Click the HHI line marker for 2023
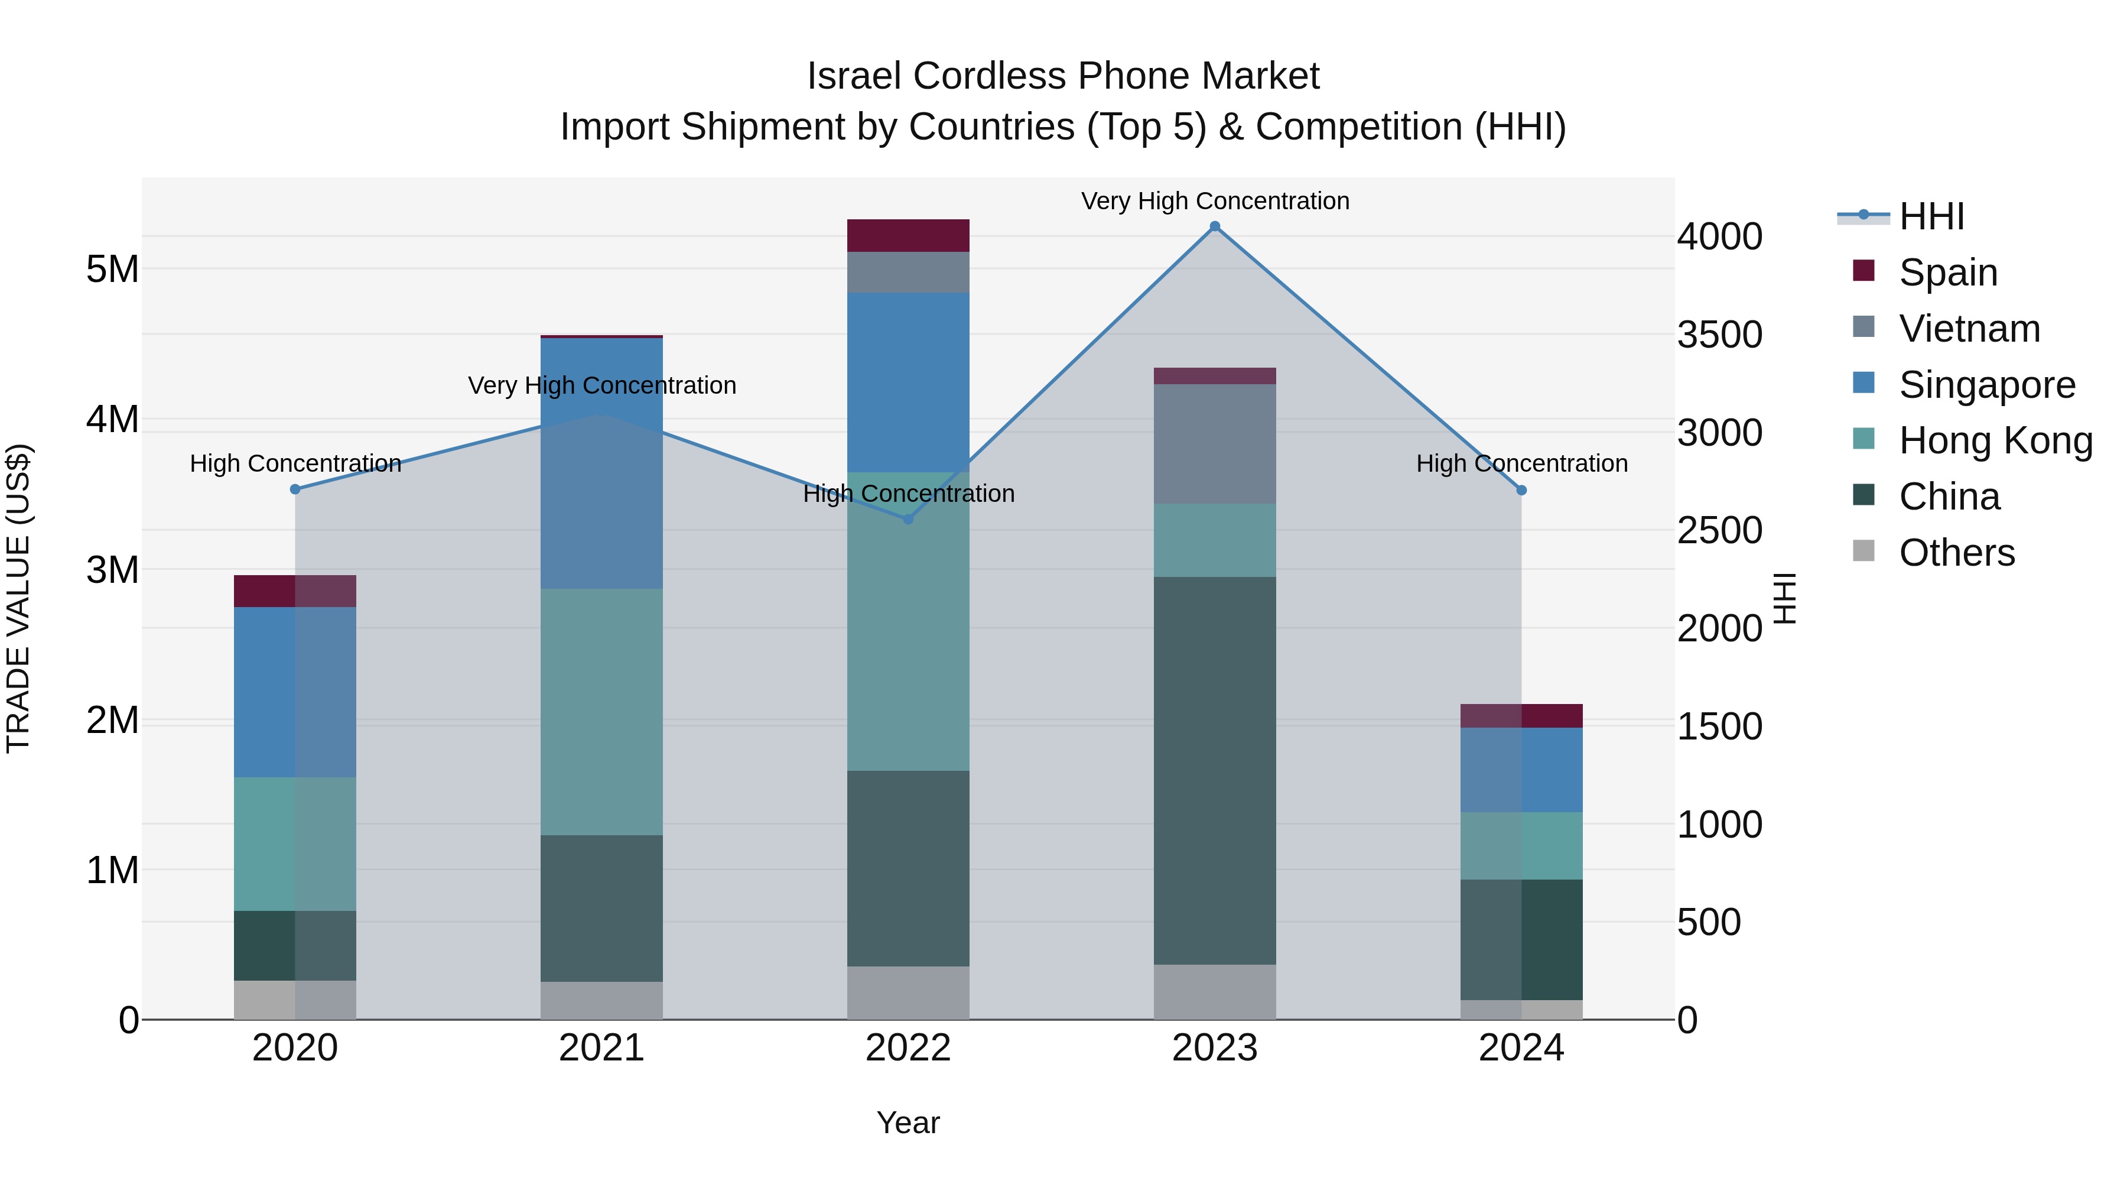(x=1215, y=226)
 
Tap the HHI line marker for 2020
(x=295, y=489)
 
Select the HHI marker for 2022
(x=908, y=519)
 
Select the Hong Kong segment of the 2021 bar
(x=601, y=711)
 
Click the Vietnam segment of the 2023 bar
(x=1215, y=443)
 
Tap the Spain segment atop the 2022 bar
(x=908, y=235)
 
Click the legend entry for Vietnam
(x=1969, y=329)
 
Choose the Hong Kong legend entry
(x=1995, y=440)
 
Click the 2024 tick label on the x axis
(x=1521, y=1048)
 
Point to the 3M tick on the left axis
(x=112, y=570)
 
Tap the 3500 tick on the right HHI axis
(x=1720, y=335)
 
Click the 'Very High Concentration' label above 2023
(x=1215, y=201)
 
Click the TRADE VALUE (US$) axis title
(x=18, y=598)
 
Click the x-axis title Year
(x=908, y=1123)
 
